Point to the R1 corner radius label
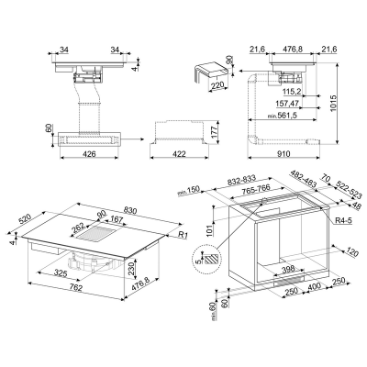tap(183, 236)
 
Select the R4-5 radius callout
tap(343, 219)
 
